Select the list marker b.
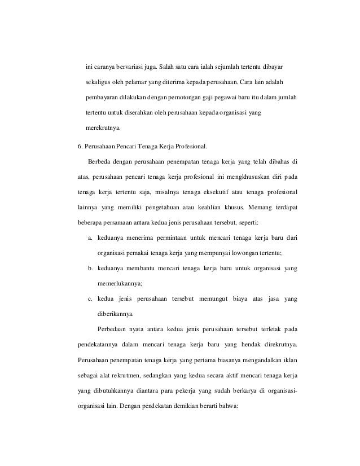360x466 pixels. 89,266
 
